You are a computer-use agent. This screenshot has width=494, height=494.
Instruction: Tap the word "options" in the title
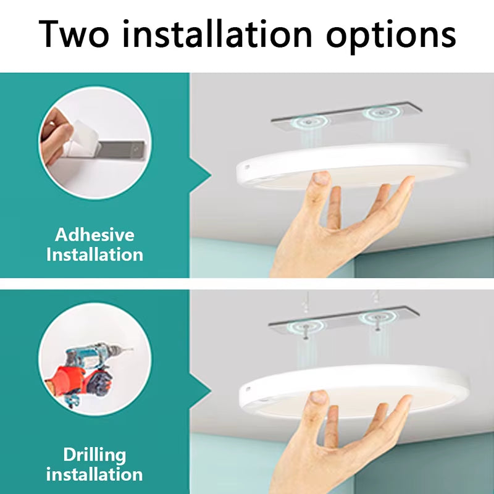click(391, 35)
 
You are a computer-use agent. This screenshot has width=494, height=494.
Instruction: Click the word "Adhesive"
click(94, 235)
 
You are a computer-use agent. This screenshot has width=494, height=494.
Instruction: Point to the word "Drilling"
click(94, 455)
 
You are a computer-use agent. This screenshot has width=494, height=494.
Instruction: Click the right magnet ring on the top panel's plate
click(377, 114)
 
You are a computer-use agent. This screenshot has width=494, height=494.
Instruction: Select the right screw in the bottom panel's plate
click(376, 318)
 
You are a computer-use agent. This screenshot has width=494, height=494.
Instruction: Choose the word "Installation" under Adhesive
click(94, 254)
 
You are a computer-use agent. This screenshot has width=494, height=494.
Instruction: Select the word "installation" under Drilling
click(94, 474)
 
